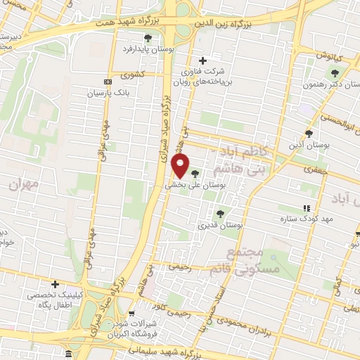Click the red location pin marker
[181, 167]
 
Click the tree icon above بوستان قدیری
[220, 214]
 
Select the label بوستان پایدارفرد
[146, 49]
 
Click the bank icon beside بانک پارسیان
[106, 82]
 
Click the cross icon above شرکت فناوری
[204, 60]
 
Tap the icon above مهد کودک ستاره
[306, 208]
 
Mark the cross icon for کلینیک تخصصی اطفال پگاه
[55, 283]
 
